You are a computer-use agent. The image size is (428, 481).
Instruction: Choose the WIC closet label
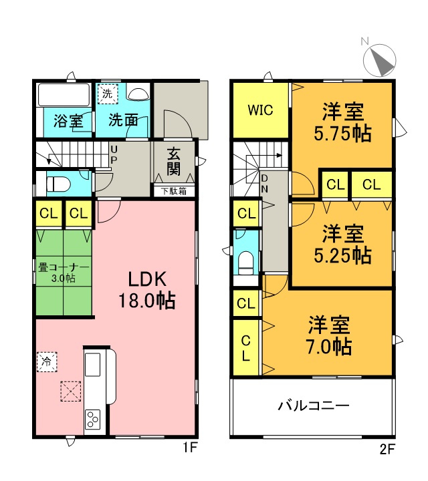261,110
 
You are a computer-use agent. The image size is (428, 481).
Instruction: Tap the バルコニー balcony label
313,405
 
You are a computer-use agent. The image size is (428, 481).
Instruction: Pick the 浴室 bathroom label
68,122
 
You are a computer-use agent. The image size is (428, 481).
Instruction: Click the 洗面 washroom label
124,121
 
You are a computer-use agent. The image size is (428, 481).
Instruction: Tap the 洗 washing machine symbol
108,94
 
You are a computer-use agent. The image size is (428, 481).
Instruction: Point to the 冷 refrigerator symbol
47,361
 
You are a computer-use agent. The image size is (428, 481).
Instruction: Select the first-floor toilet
58,182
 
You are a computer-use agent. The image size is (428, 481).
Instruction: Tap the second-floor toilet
245,261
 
